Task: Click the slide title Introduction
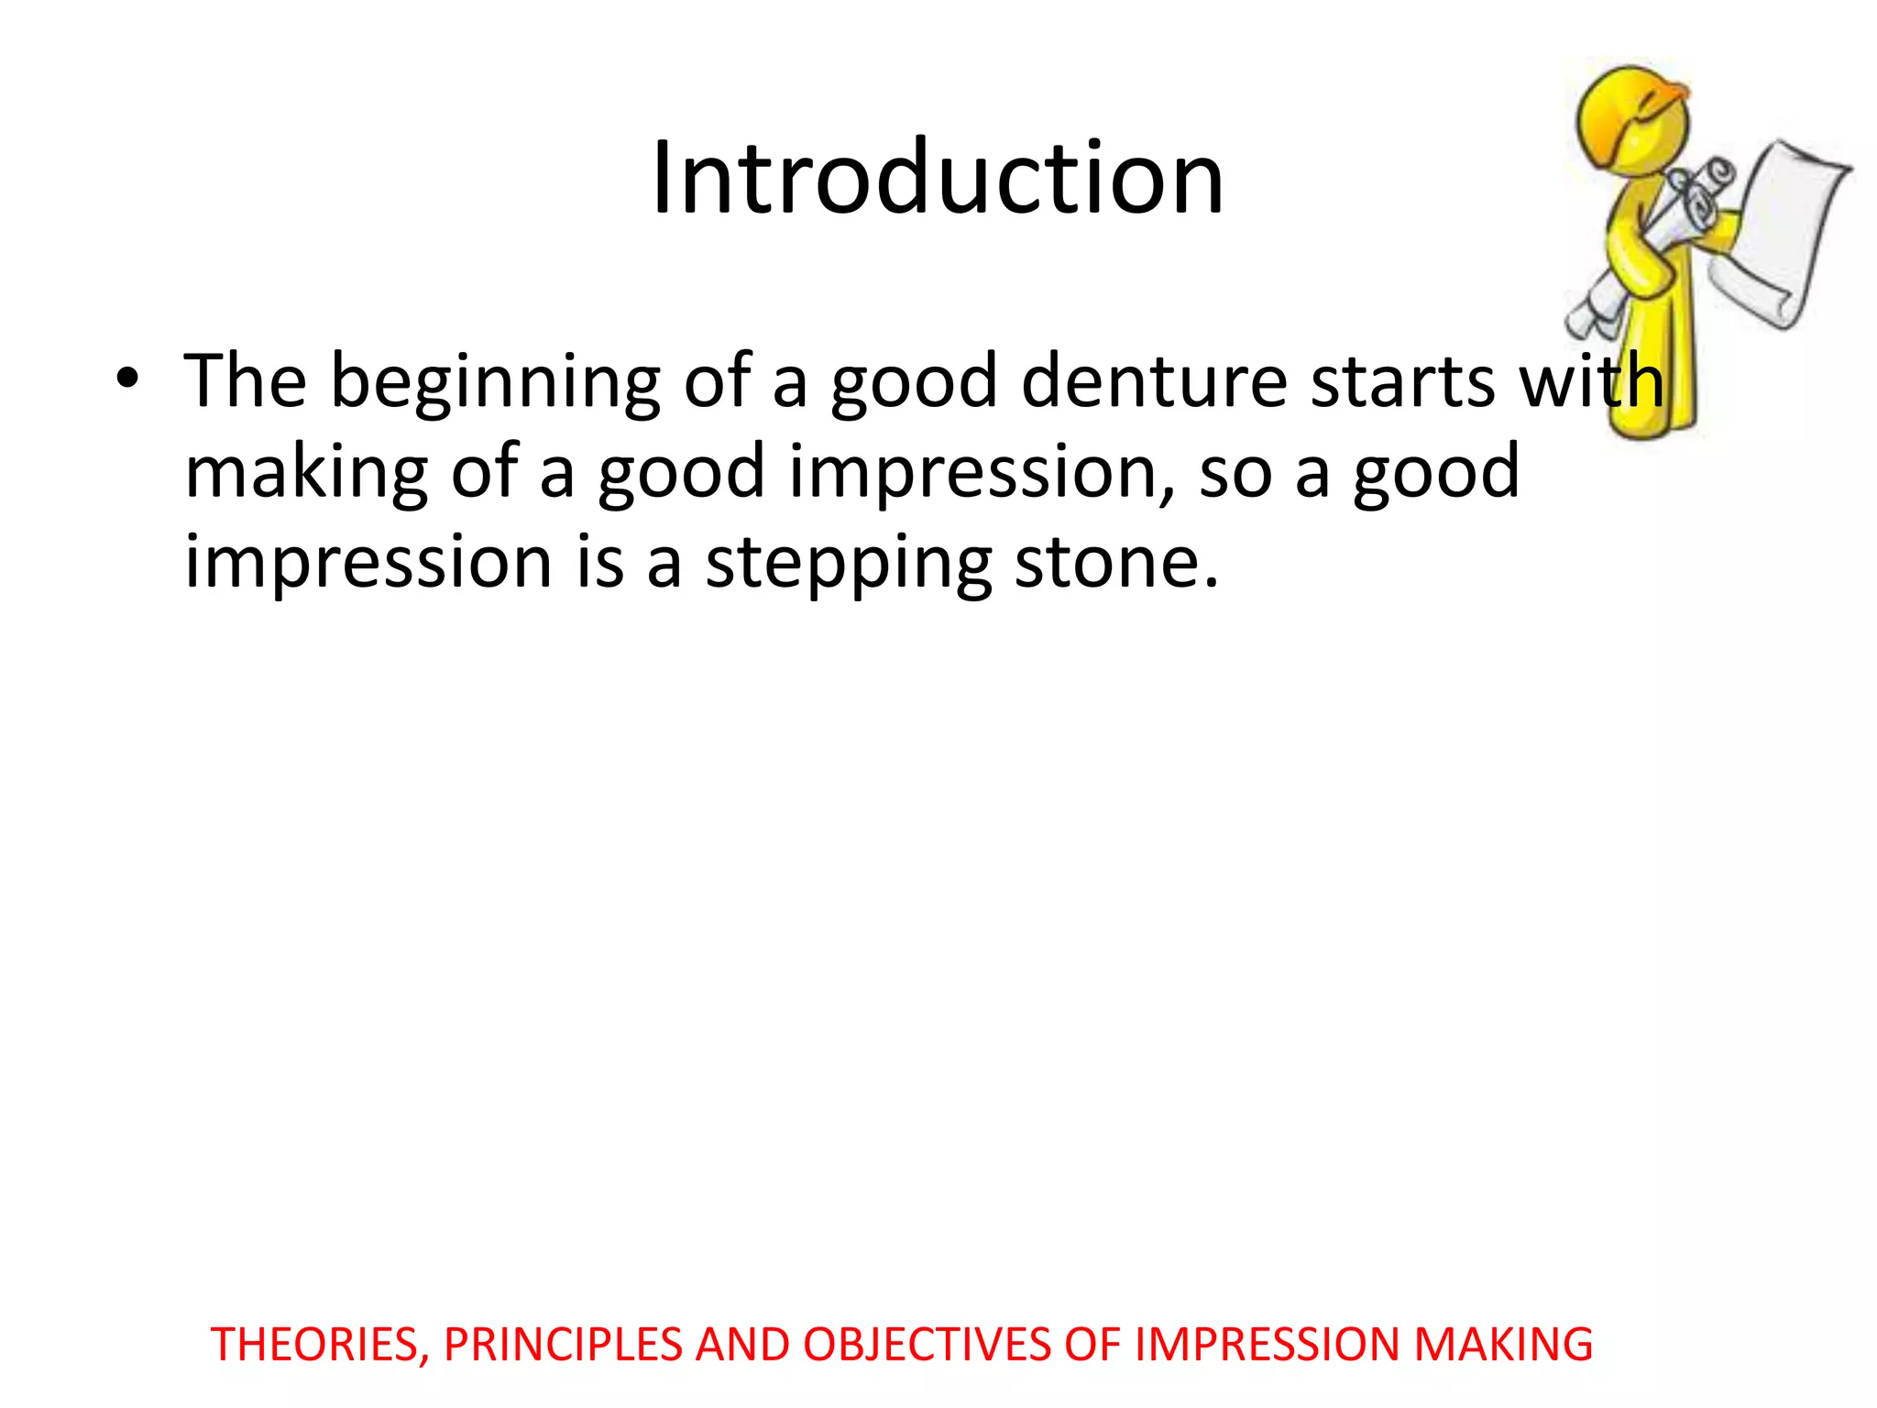click(x=937, y=178)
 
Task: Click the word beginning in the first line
click(x=495, y=383)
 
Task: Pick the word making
click(x=306, y=473)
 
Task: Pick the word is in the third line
click(x=600, y=562)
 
